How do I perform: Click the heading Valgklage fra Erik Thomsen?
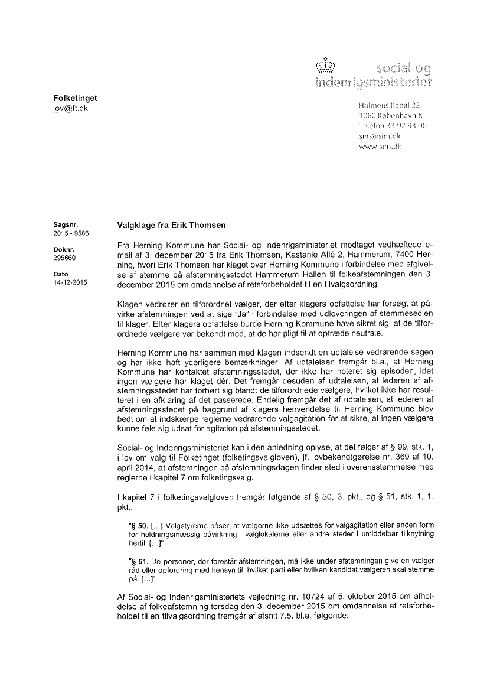(x=172, y=226)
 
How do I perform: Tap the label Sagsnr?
(x=63, y=225)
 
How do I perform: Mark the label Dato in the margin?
(x=60, y=275)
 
